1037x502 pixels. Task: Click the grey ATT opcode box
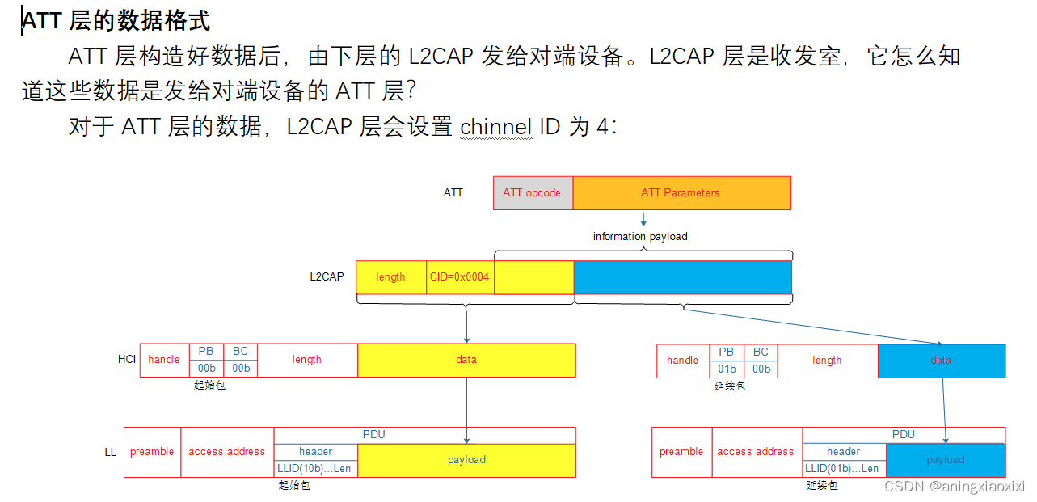pyautogui.click(x=532, y=193)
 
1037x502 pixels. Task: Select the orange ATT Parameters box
pyautogui.click(x=681, y=193)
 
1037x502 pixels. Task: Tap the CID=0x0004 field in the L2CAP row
pyautogui.click(x=459, y=277)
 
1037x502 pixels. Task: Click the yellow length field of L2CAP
pyautogui.click(x=390, y=277)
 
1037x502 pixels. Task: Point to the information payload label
pyautogui.click(x=640, y=237)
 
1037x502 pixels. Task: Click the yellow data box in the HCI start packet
pyautogui.click(x=466, y=360)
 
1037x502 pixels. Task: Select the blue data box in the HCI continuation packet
pyautogui.click(x=941, y=361)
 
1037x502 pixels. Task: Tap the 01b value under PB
pyautogui.click(x=726, y=369)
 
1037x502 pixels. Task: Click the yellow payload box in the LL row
pyautogui.click(x=466, y=460)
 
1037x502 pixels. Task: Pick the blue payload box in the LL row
pyautogui.click(x=945, y=460)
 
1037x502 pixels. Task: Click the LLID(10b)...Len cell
pyautogui.click(x=315, y=468)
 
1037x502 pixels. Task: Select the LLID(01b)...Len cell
pyautogui.click(x=844, y=468)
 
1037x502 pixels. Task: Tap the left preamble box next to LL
pyautogui.click(x=152, y=452)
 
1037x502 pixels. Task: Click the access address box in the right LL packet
pyautogui.click(x=756, y=452)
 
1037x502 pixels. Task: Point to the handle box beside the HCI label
pyautogui.click(x=164, y=360)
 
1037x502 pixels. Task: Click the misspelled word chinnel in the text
pyautogui.click(x=495, y=127)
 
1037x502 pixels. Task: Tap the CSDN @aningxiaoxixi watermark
pyautogui.click(x=954, y=487)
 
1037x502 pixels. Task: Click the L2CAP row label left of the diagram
pyautogui.click(x=327, y=276)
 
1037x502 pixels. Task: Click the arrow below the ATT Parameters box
pyautogui.click(x=643, y=219)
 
